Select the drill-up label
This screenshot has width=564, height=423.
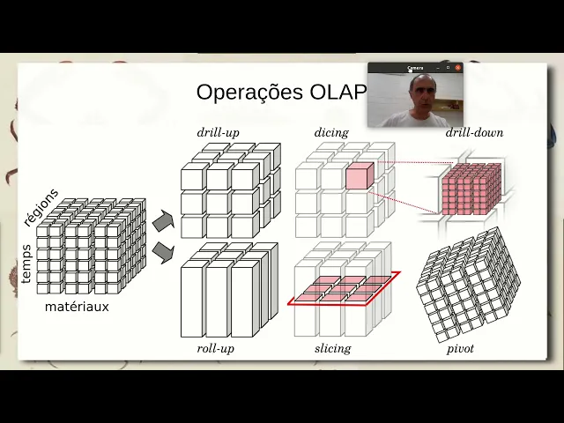218,133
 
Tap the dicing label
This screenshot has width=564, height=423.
331,133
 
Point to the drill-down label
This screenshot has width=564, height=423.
474,133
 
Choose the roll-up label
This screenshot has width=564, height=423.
216,349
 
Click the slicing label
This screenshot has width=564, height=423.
332,349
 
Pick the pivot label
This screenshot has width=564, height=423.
460,349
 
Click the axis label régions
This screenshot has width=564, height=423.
41,208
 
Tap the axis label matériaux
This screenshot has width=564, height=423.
77,308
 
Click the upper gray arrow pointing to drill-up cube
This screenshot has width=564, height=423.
163,221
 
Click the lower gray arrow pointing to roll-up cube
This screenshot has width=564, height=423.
163,253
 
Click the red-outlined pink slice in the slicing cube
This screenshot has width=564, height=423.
344,288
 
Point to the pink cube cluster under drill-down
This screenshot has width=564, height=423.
471,189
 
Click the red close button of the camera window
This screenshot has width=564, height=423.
458,67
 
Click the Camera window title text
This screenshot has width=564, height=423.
415,68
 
